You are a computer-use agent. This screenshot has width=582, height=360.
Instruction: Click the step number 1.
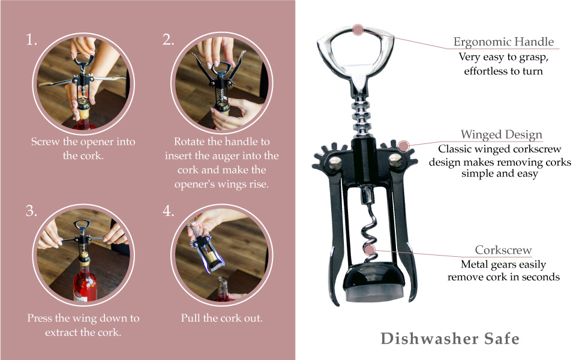31,40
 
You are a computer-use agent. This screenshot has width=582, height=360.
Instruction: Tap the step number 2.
168,40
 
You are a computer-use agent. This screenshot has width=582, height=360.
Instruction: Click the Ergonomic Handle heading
503,42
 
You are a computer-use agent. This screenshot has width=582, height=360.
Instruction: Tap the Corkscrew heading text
503,250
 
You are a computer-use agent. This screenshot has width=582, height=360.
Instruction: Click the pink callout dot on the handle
358,29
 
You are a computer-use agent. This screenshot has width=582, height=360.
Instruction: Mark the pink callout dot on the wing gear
404,145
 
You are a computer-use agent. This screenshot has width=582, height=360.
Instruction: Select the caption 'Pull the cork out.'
221,318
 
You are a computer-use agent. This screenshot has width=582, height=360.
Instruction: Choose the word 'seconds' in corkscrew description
540,277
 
